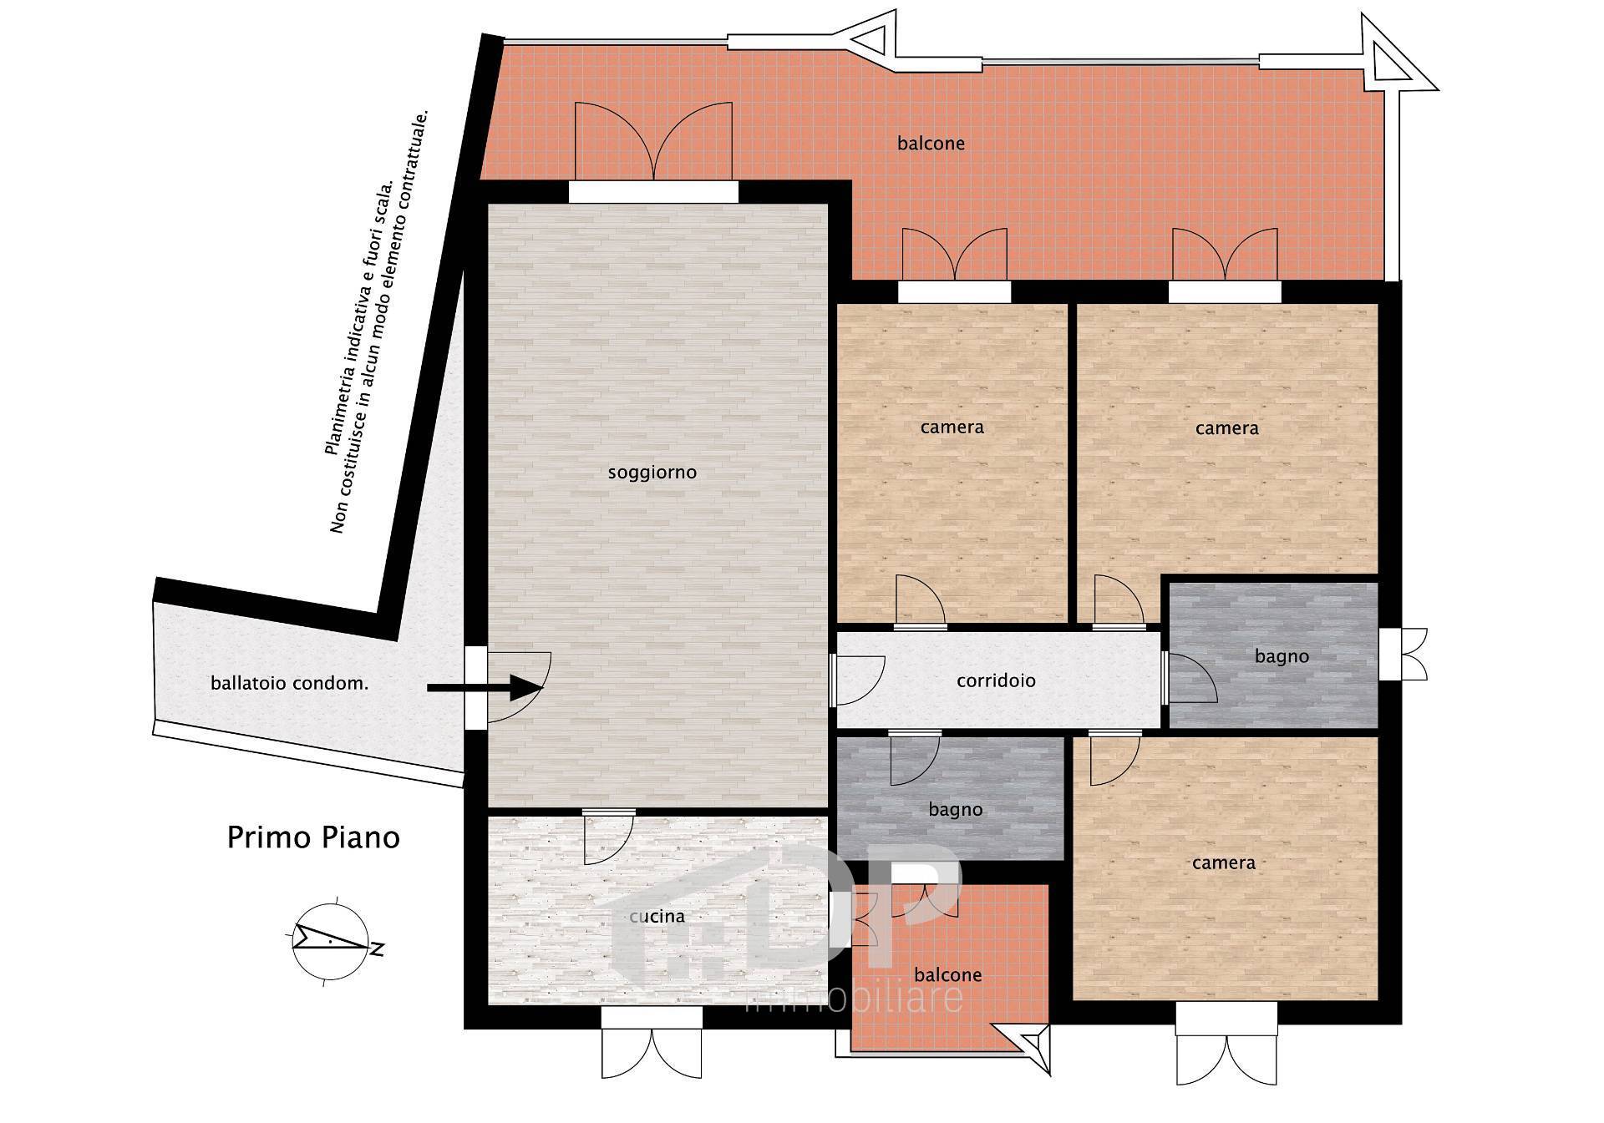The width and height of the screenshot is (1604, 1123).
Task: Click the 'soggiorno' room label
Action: pyautogui.click(x=652, y=473)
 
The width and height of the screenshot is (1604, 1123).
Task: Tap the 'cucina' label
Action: pyautogui.click(x=657, y=916)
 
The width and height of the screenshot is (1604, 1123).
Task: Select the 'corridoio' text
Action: pyautogui.click(x=996, y=680)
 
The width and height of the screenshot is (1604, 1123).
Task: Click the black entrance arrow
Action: pyautogui.click(x=485, y=688)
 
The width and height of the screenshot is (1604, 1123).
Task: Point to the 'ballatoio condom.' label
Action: pyautogui.click(x=289, y=683)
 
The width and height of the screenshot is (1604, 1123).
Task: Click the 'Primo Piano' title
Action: pyautogui.click(x=313, y=837)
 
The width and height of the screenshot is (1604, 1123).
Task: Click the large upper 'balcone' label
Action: pyautogui.click(x=931, y=144)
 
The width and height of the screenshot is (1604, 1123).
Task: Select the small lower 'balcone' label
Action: pyautogui.click(x=947, y=974)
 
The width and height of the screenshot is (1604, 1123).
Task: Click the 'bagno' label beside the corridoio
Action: pyautogui.click(x=1282, y=657)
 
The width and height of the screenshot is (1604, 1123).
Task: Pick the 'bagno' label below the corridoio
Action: pyautogui.click(x=955, y=810)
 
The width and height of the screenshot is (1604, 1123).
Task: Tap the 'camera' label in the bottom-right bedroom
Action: pyautogui.click(x=1223, y=862)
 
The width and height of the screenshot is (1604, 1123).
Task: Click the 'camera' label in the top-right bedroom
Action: pyautogui.click(x=1226, y=428)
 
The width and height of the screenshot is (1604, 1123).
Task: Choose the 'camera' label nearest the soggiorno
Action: pyautogui.click(x=952, y=427)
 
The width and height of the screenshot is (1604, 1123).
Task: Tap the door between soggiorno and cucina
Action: pyautogui.click(x=608, y=837)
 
